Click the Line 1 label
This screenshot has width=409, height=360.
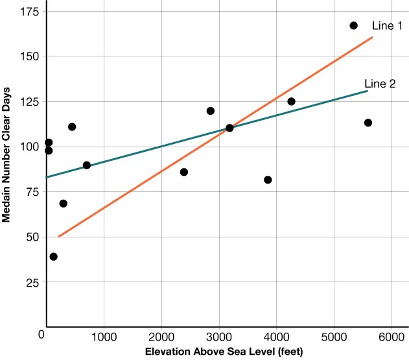pos(388,26)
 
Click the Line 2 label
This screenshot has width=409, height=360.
pos(380,83)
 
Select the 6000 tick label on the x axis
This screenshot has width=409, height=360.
pos(391,337)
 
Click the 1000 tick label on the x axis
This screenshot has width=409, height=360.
pos(104,337)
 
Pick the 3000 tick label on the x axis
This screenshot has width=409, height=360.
pos(219,337)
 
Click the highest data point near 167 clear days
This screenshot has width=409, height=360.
pos(353,25)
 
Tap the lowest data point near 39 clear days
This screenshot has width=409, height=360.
pos(53,257)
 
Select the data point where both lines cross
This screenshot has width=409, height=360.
pos(229,128)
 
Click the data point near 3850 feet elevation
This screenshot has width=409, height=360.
pos(268,180)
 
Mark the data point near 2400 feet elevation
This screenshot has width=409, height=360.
pos(184,172)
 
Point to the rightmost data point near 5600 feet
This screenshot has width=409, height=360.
pos(368,123)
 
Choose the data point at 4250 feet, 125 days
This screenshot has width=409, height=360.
pos(291,101)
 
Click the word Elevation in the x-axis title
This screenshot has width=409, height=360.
pos(167,352)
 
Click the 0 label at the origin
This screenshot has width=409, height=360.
pos(41,335)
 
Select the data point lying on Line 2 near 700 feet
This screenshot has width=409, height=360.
pos(87,165)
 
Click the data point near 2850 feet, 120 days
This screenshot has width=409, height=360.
pos(211,111)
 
